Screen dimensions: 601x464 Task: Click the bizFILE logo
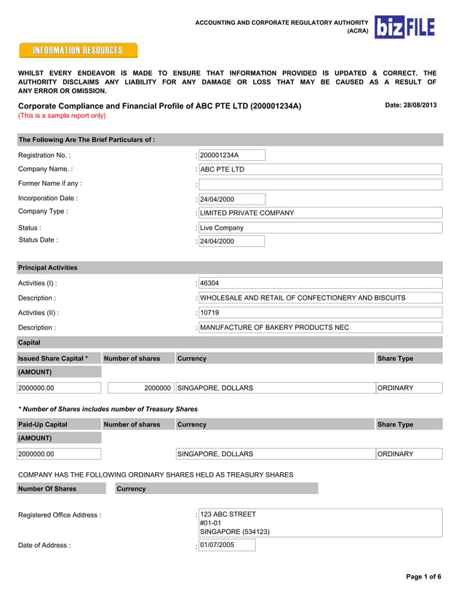[404, 28]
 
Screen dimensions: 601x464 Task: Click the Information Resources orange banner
[77, 50]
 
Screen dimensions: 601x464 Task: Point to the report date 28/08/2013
[410, 106]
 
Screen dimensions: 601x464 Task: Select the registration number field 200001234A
[231, 155]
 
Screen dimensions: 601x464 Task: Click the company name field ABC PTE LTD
[320, 170]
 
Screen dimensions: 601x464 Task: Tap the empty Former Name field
[320, 184]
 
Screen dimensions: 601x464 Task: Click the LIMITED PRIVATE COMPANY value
[320, 213]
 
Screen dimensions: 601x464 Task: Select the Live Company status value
[320, 228]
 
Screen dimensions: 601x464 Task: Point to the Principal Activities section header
[48, 268]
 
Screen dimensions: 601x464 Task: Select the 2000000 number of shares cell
[138, 389]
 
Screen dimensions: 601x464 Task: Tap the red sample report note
[62, 116]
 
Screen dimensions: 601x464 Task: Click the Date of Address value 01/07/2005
[226, 544]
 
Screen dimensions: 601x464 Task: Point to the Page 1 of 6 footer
[423, 577]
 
